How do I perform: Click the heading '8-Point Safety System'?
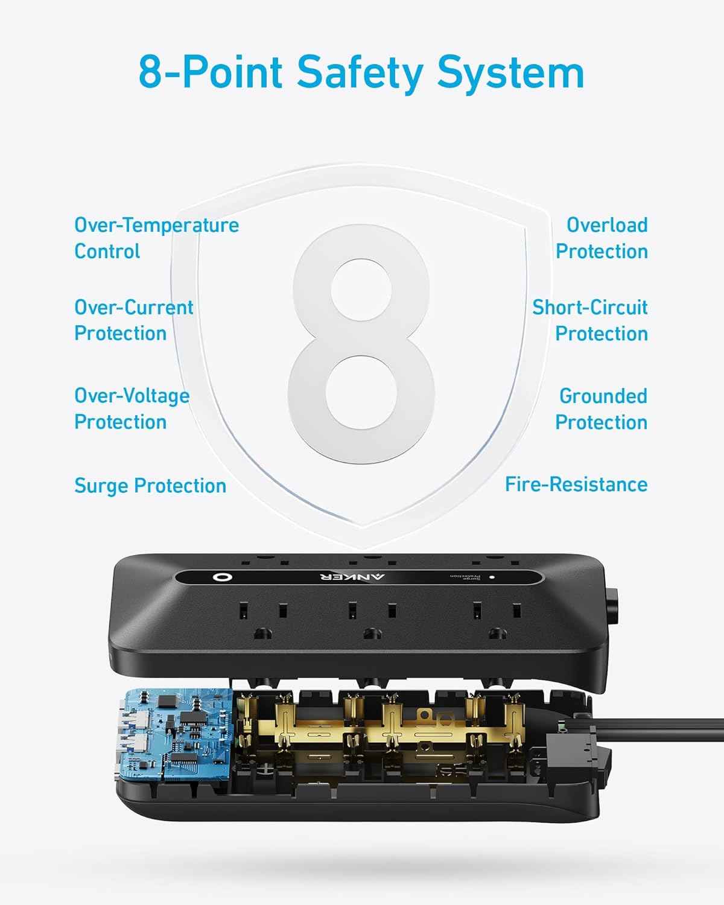pos(361,72)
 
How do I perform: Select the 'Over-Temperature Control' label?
pos(156,238)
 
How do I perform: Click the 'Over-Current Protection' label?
pos(133,320)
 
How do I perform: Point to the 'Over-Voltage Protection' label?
pos(132,408)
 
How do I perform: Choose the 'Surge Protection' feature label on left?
pos(150,486)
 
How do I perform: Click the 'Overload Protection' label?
pos(602,238)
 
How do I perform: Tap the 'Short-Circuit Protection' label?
pos(589,320)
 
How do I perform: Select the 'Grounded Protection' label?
pos(602,408)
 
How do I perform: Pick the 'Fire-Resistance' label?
pos(576,484)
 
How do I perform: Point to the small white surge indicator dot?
pos(492,577)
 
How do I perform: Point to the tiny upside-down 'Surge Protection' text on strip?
pos(465,577)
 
